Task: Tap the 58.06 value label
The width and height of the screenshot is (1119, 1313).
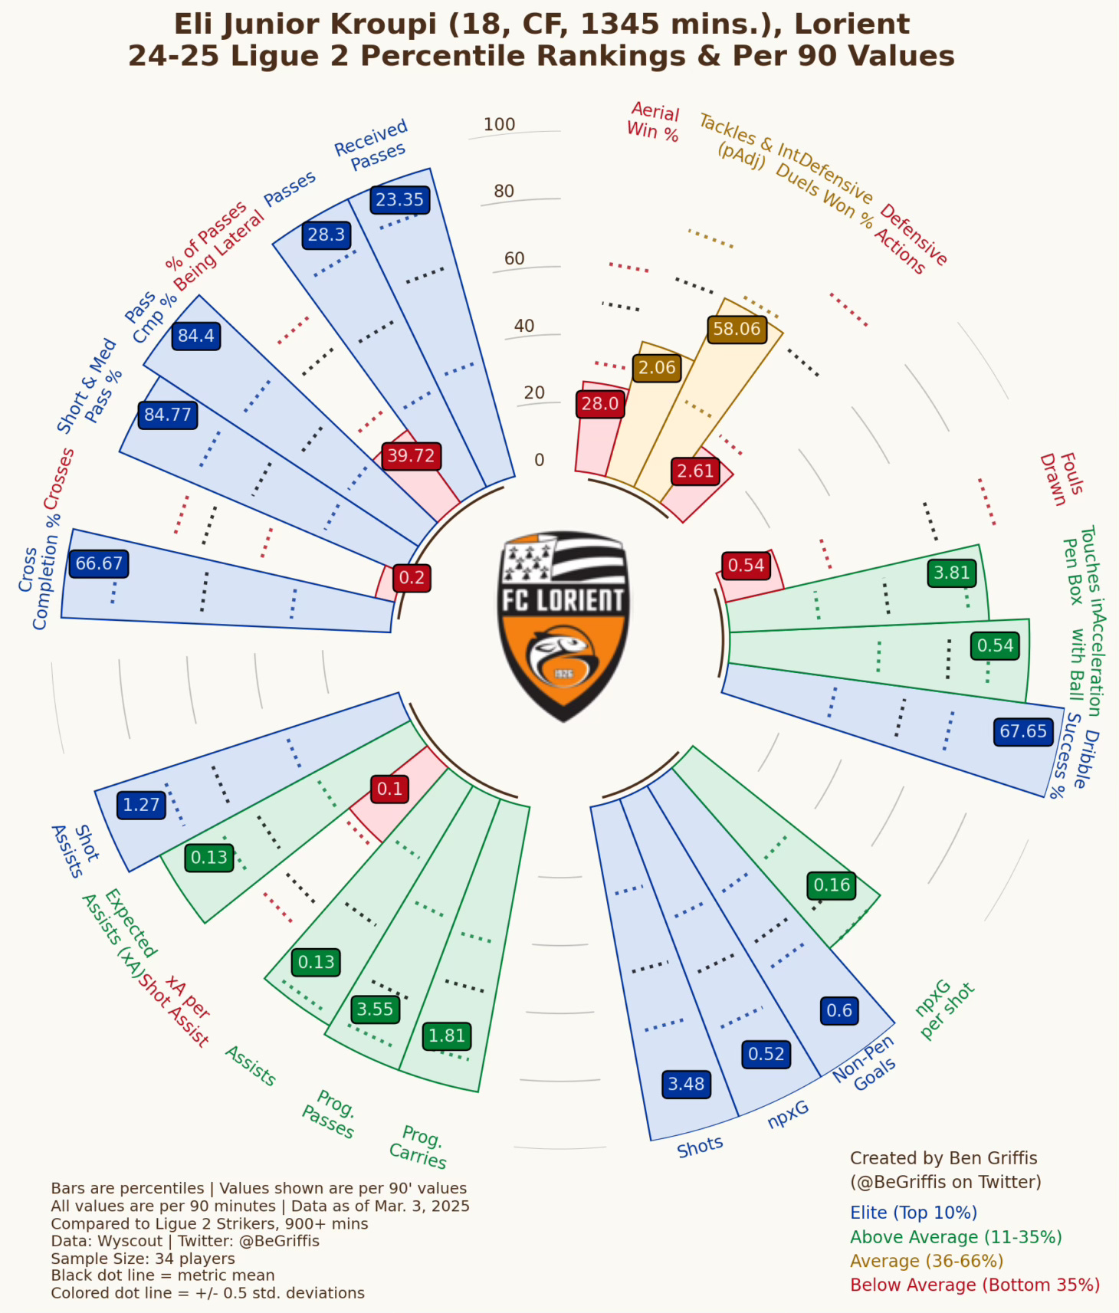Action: click(737, 329)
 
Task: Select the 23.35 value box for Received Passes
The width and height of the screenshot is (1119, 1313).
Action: click(399, 199)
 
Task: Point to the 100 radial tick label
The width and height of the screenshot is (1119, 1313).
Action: click(499, 124)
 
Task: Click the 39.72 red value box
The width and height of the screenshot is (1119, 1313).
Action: click(411, 456)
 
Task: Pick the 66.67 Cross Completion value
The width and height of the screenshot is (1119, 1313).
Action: click(99, 563)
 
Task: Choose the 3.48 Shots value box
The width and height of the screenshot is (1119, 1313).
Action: click(686, 1084)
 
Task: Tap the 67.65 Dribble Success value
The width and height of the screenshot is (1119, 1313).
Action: click(1023, 731)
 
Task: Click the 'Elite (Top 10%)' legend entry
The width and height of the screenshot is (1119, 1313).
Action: click(913, 1213)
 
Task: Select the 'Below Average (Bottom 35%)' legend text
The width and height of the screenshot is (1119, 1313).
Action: click(975, 1285)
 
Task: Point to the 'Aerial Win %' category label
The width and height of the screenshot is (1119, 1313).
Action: click(653, 122)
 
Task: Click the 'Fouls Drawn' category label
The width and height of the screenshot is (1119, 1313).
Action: click(1062, 478)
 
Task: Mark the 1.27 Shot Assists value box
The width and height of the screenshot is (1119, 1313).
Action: click(141, 805)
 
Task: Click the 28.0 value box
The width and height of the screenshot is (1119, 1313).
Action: click(599, 403)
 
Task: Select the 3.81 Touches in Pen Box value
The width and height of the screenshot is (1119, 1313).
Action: click(951, 573)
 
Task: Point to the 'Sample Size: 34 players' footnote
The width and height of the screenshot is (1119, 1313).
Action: click(143, 1259)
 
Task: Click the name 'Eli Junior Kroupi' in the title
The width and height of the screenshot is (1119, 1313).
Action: click(306, 24)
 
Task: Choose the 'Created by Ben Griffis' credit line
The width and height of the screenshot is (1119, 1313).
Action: click(943, 1158)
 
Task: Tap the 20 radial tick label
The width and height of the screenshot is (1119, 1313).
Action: click(534, 392)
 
